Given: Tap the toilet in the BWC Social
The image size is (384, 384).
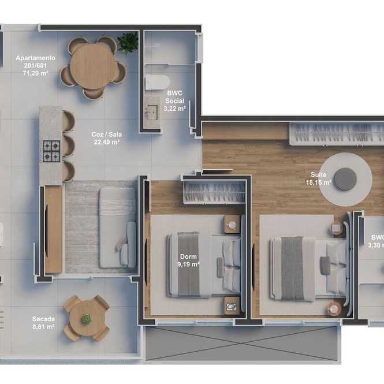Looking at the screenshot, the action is point(157,83).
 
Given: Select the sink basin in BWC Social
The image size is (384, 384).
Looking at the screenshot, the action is point(152,113).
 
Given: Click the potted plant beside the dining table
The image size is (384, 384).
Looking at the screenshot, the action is point(128,42).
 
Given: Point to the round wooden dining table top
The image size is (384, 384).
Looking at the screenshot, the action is point(94,66).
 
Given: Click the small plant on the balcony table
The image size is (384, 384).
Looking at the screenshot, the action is point(87,319).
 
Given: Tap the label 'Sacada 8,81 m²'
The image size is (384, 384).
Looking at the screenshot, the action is point(43,323).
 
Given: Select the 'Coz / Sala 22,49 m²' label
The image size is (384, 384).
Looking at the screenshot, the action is point(106,138).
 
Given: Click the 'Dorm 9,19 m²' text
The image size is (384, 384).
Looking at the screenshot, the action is point(188,260).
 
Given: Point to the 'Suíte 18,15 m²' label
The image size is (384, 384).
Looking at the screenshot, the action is point(318,178).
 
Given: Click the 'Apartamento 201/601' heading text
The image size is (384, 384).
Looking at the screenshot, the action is point(35,62).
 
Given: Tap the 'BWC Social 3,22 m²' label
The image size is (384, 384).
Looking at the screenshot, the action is point(174,100).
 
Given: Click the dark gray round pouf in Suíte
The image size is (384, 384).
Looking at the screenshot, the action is point(345,179).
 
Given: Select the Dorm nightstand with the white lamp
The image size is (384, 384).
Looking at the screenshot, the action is point(232,224).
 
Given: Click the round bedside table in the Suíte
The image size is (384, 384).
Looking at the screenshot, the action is point(334,308).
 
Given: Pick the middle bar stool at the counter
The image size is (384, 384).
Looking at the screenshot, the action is point(68,146).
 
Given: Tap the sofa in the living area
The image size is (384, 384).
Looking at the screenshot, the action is point(118,228).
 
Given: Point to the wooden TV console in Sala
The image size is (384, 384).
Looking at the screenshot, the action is point(54,229).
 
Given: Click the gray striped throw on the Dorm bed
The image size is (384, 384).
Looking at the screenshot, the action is point(188,264).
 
